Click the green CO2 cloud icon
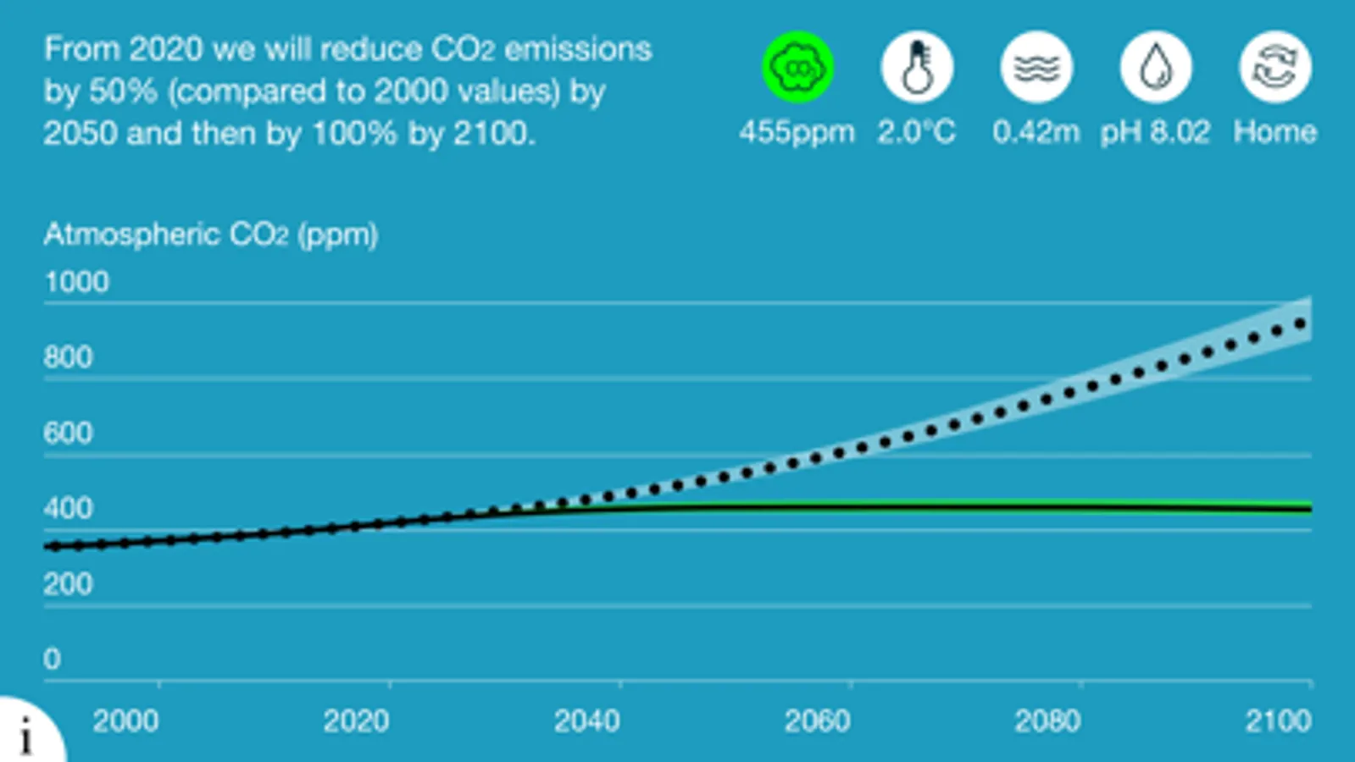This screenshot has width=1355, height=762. (797, 67)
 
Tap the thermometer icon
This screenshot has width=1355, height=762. (917, 67)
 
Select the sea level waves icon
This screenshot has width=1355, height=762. (1036, 67)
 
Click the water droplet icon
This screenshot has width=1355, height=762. (1156, 67)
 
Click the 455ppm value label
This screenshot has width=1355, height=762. (797, 132)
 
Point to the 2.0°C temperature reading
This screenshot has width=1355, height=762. (916, 132)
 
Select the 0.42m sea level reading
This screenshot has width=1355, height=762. (1036, 132)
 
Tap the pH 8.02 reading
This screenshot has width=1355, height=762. (1155, 132)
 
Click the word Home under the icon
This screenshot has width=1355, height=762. (1274, 132)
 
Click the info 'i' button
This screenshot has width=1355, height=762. (26, 734)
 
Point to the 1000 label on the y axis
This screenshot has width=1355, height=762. (76, 282)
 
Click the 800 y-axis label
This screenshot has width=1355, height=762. (68, 357)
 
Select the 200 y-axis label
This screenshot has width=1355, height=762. (68, 584)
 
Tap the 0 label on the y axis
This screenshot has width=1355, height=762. (52, 659)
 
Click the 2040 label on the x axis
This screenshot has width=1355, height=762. (586, 721)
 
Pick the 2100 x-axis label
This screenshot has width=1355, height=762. (1278, 721)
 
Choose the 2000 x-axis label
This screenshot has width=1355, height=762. (125, 721)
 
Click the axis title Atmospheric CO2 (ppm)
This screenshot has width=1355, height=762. (211, 235)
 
